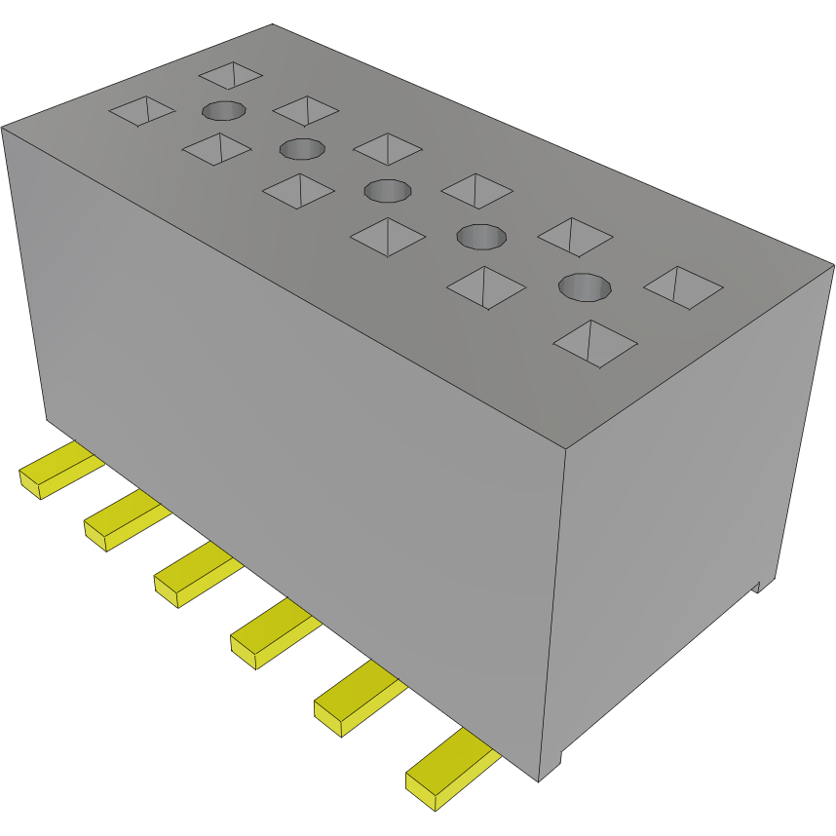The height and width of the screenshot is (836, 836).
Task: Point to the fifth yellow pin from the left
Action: pos(355,700)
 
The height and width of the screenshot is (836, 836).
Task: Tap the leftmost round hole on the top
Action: pos(224,110)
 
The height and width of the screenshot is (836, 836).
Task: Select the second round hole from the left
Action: pos(302,149)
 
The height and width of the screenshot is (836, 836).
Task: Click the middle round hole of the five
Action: pos(387,189)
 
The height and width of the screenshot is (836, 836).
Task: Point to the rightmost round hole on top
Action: pos(585,286)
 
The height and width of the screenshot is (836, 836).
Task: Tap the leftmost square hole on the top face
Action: pos(142,111)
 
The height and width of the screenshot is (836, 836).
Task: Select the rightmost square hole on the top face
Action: pos(683,287)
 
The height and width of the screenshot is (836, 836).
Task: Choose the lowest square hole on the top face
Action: pos(595,343)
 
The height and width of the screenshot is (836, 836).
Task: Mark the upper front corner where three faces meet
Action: pos(567,449)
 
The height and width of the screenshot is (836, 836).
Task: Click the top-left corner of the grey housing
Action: pos(3,127)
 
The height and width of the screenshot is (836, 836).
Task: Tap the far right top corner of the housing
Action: pos(833,264)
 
